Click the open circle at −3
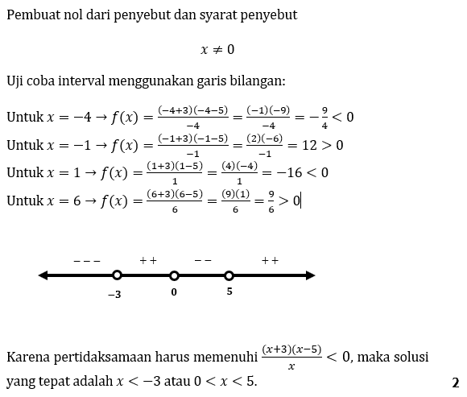117,275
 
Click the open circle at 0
173,275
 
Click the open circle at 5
229,275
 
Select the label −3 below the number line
114,295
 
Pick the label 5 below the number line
229,292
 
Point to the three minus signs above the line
86,261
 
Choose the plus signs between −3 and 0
147,261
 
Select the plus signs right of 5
270,261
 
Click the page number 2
456,382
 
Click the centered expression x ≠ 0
217,50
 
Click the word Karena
27,356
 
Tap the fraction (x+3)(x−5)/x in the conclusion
291,356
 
